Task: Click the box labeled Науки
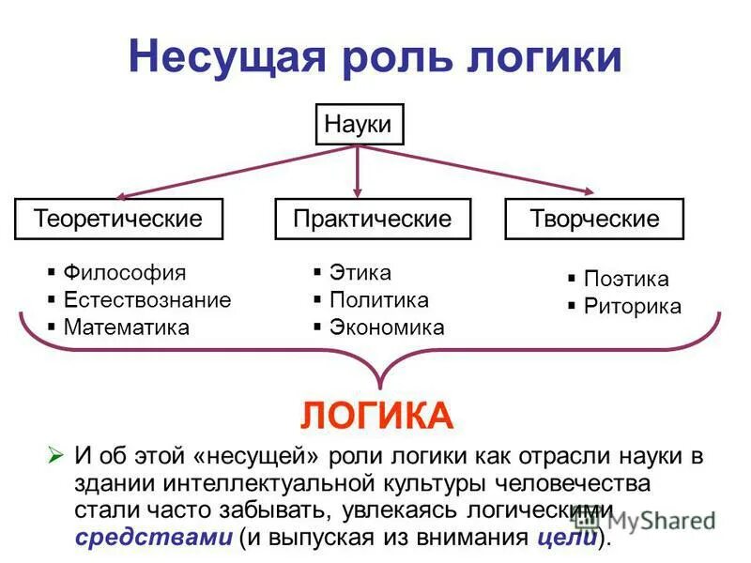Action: pyautogui.click(x=358, y=124)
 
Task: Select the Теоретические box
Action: pyautogui.click(x=119, y=219)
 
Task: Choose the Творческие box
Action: pyautogui.click(x=594, y=219)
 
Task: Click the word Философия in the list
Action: pyautogui.click(x=125, y=273)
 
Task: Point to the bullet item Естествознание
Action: pyautogui.click(x=146, y=300)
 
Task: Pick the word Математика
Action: pyautogui.click(x=126, y=327)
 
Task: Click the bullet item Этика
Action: pyautogui.click(x=360, y=273)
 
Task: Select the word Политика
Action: pyautogui.click(x=379, y=300)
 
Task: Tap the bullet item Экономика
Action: pyautogui.click(x=387, y=327)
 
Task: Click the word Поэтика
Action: pyautogui.click(x=626, y=279)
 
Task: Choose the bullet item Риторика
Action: pyautogui.click(x=633, y=306)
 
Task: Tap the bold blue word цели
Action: pyautogui.click(x=567, y=538)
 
